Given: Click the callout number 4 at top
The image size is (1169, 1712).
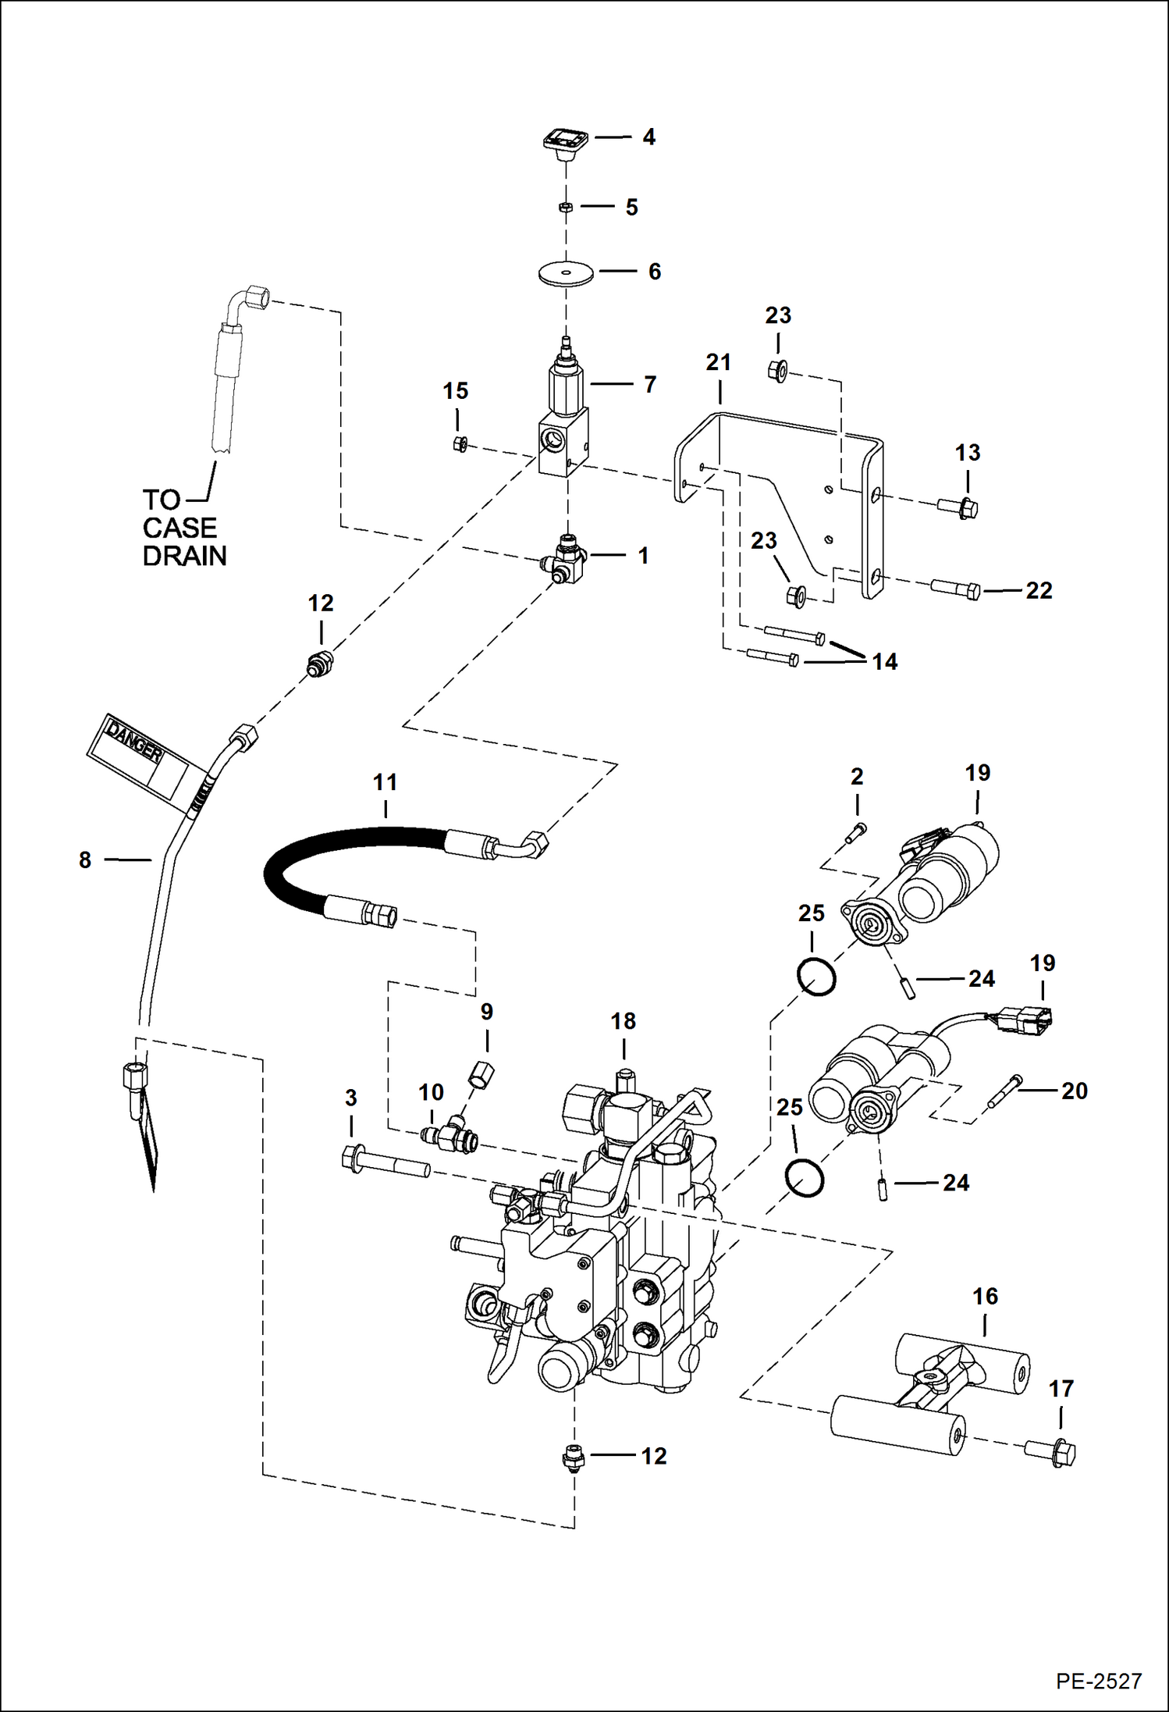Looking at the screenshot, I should [648, 137].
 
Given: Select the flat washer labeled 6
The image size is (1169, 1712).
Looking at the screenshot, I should [566, 274].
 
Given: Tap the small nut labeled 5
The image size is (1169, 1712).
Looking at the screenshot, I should [567, 207].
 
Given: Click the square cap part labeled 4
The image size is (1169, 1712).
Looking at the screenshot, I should [565, 143].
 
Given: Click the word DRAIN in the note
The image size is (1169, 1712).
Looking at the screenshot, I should [184, 556].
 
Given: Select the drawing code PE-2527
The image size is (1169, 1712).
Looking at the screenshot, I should [1098, 1681].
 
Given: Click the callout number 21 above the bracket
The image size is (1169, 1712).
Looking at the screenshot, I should [718, 362].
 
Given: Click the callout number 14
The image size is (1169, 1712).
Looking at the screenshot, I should [884, 662].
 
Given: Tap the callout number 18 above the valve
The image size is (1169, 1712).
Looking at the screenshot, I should [623, 1021].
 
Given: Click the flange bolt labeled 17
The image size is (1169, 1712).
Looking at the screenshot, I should [1050, 1452].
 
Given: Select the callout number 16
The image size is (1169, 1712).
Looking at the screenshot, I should [985, 1297].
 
